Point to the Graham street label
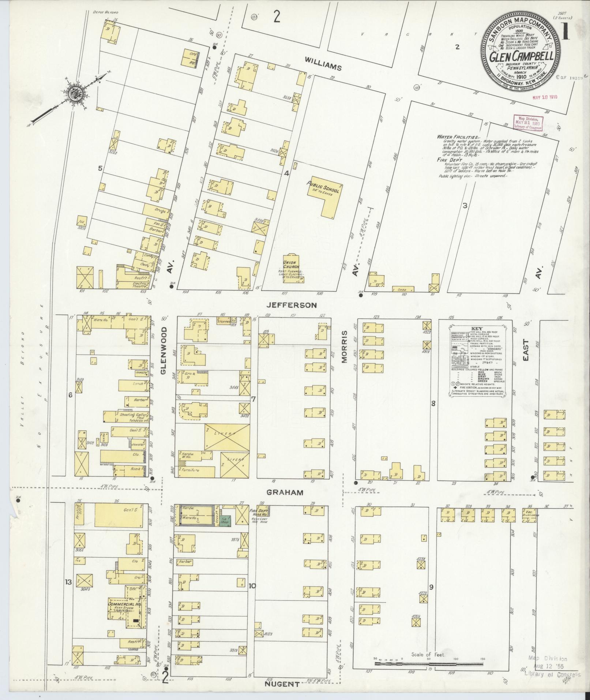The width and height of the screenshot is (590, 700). point(290,492)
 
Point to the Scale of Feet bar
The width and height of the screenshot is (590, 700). point(428,663)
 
